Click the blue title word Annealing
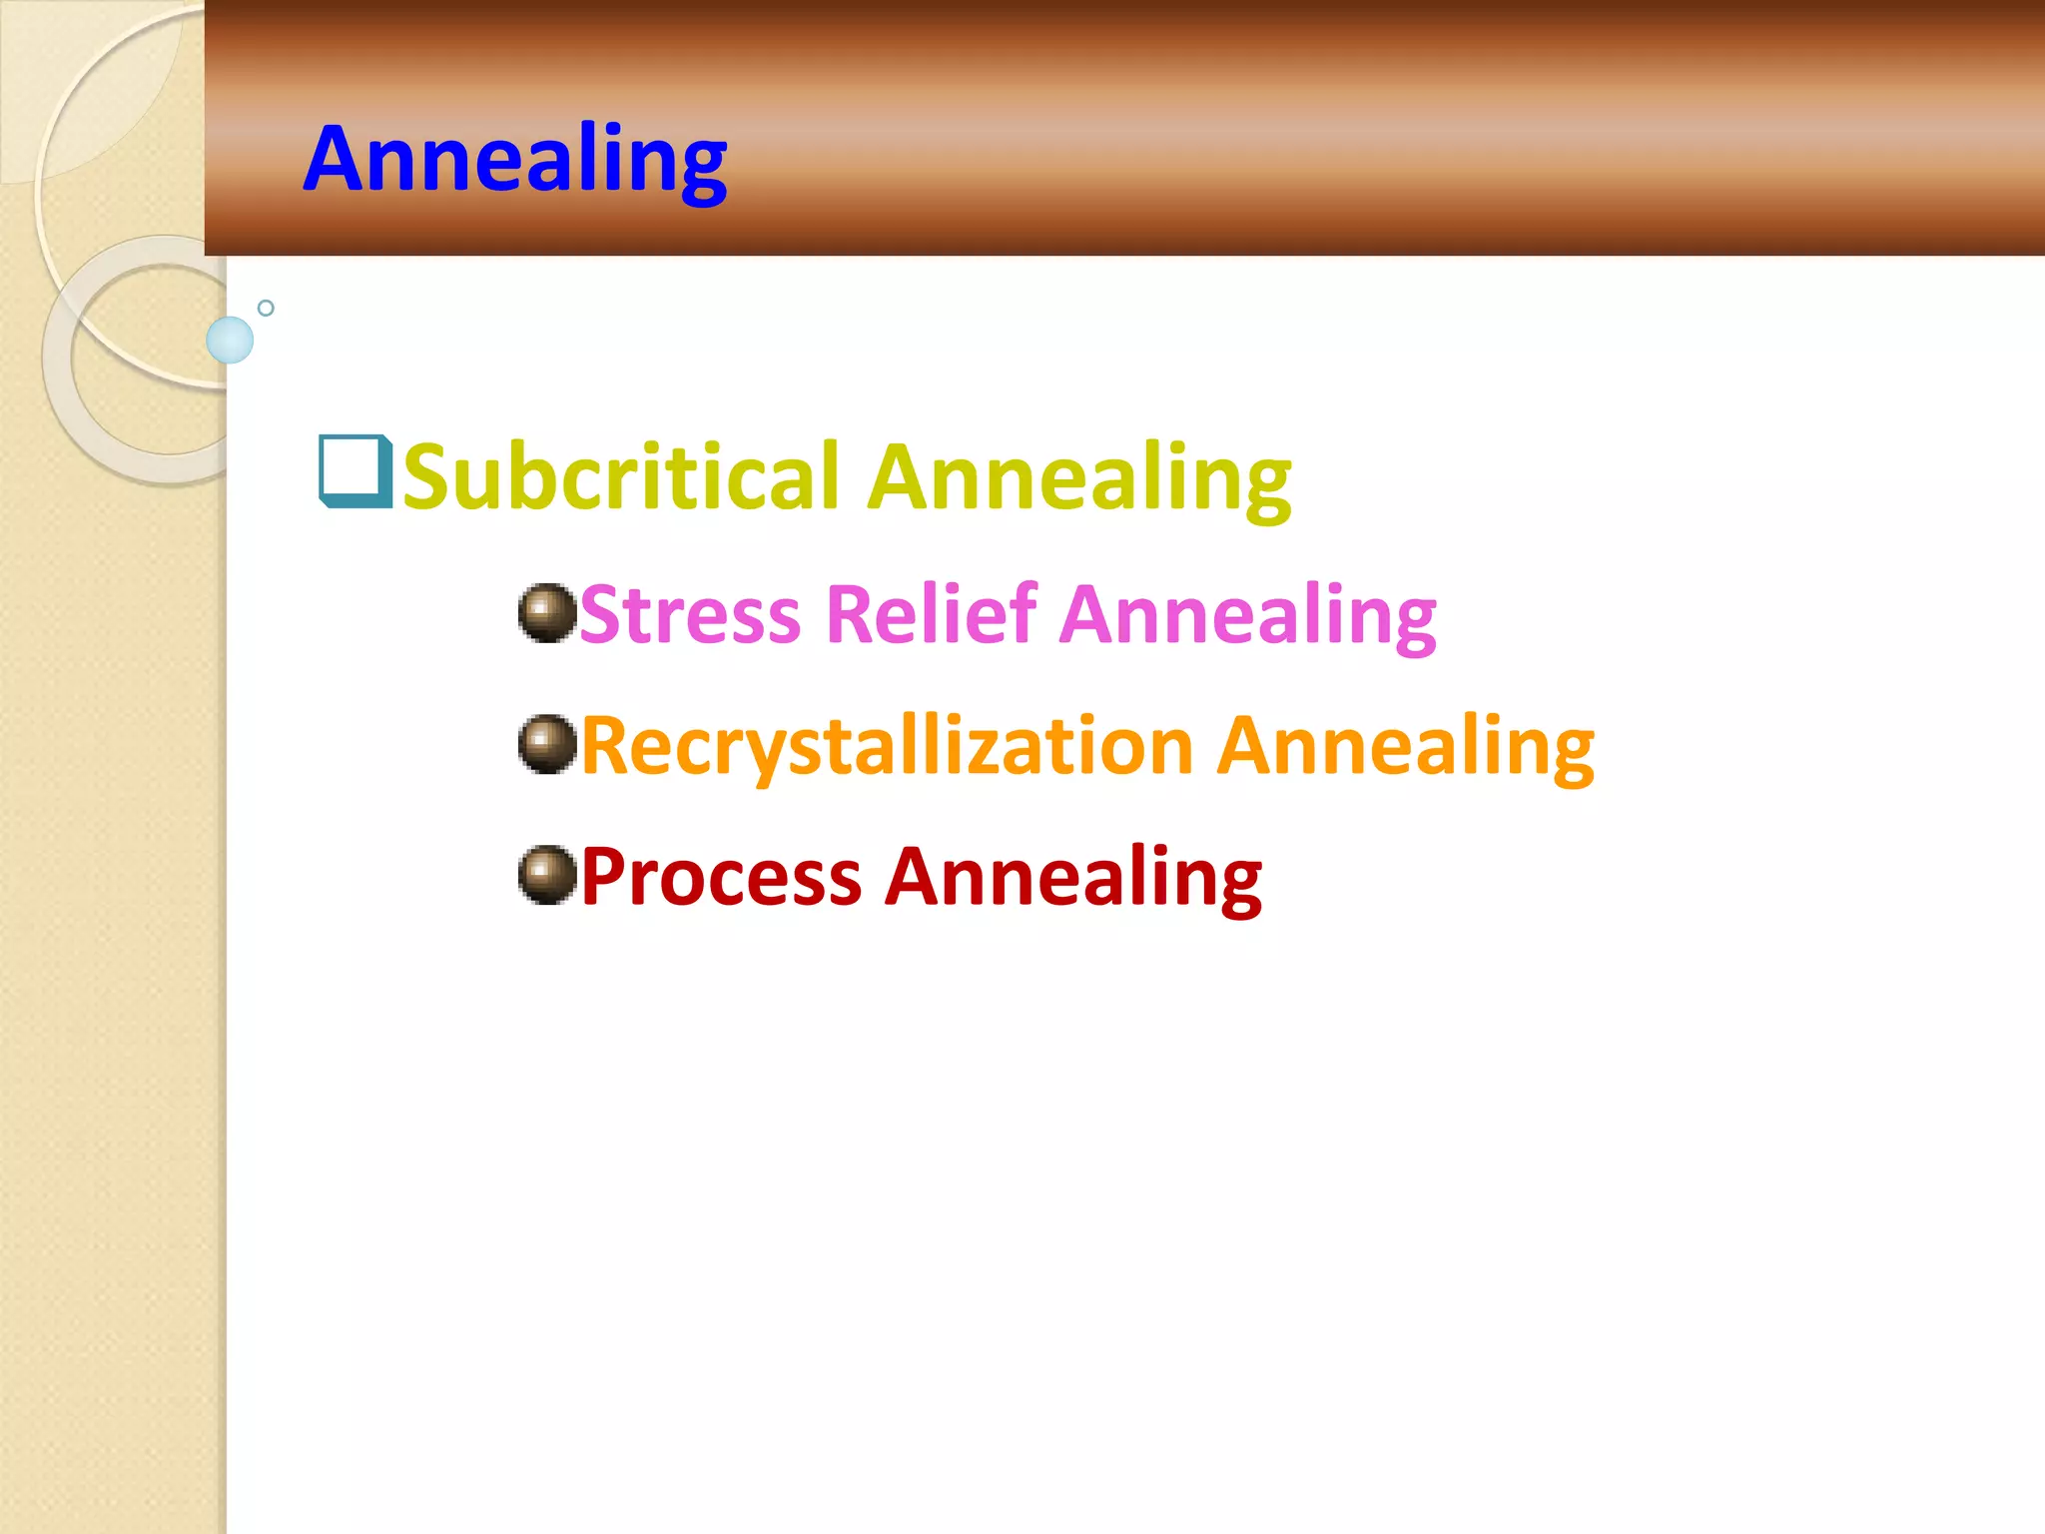click(x=515, y=160)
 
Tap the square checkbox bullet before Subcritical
click(x=353, y=470)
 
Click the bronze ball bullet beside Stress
click(x=547, y=612)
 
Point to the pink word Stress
click(x=689, y=614)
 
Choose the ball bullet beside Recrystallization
click(x=547, y=744)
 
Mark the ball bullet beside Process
click(x=547, y=876)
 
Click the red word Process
click(x=721, y=877)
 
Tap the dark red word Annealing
click(x=1074, y=878)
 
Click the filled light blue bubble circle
click(x=230, y=340)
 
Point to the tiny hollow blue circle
click(x=266, y=308)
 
